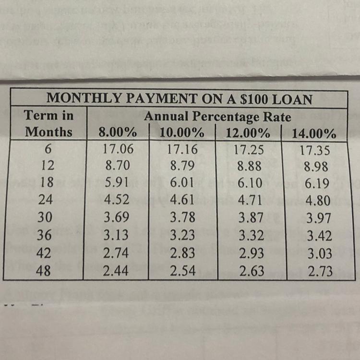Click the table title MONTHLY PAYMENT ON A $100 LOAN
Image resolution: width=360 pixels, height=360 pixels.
pos(179,99)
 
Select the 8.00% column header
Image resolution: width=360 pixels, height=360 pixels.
pos(117,132)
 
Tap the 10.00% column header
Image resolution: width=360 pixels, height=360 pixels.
pos(182,132)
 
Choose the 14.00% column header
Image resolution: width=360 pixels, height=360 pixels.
pos(314,133)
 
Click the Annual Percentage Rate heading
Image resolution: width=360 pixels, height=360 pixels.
pos(217,116)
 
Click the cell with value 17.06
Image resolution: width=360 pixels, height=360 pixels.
pos(118,149)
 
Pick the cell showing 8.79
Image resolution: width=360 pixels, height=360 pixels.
pos(183,166)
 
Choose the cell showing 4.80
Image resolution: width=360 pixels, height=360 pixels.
pos(318,201)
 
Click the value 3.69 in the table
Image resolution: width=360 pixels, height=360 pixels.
pos(117,218)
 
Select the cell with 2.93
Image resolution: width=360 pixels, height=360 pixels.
pos(251,253)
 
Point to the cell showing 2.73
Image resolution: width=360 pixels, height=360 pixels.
pos(320,271)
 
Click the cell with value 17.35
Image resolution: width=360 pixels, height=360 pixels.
pos(315,150)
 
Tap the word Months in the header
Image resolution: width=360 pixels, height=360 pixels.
pos(48,131)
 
